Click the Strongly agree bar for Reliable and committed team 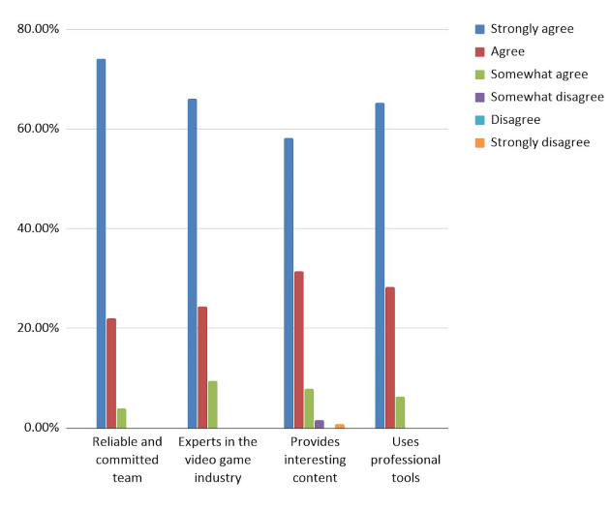(x=101, y=243)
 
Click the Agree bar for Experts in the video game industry (x=202, y=367)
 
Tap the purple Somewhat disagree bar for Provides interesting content (x=320, y=424)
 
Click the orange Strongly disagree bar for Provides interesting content (x=340, y=426)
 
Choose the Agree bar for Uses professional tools (x=390, y=357)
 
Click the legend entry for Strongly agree (x=532, y=29)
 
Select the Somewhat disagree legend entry (x=547, y=97)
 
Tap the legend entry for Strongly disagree (x=539, y=142)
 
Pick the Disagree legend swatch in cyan (x=480, y=120)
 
